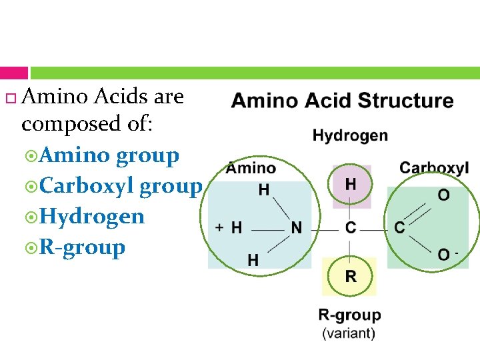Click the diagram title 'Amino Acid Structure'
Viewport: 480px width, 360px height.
342,101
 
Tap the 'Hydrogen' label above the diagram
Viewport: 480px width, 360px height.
350,136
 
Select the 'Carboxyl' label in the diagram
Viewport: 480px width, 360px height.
434,167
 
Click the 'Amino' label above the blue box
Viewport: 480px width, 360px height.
251,168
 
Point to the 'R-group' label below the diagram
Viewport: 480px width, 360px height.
349,315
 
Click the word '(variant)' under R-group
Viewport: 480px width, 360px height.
349,333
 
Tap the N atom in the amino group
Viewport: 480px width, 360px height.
296,228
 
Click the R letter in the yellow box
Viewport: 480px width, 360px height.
351,276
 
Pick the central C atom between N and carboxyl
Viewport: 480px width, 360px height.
351,228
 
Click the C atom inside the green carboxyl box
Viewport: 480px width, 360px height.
399,228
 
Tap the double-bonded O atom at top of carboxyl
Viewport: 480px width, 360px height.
443,195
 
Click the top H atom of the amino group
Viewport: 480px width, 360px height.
264,191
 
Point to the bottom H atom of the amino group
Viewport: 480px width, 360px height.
253,260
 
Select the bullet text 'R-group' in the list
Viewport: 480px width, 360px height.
83,247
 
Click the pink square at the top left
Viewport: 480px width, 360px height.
14,73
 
